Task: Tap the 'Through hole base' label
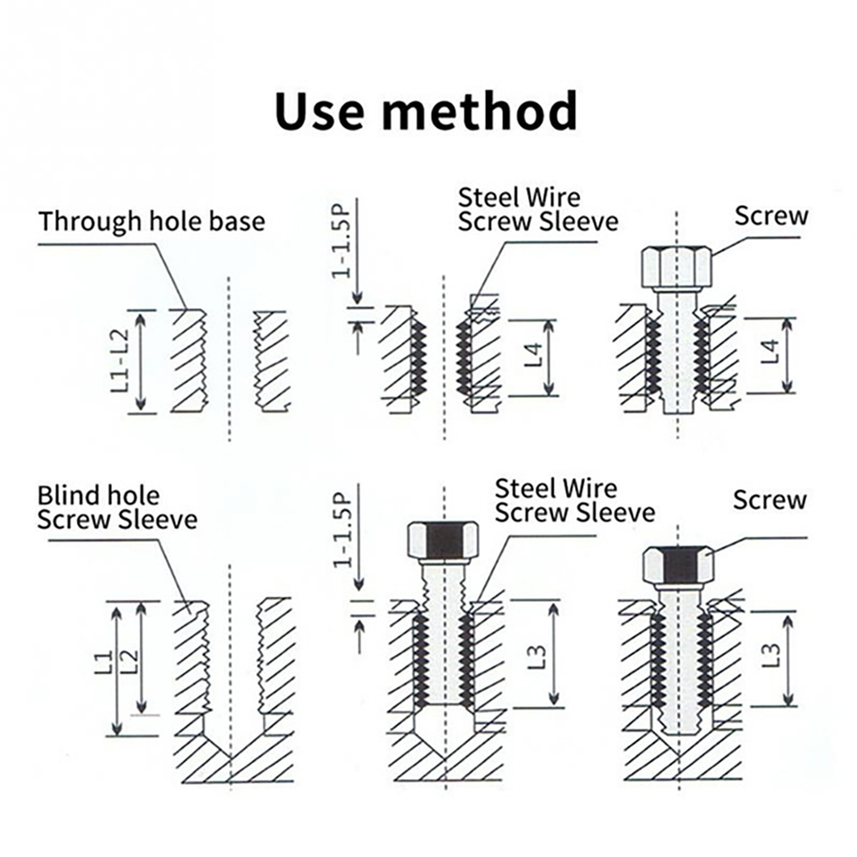click(x=152, y=221)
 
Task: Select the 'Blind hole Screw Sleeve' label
click(x=117, y=507)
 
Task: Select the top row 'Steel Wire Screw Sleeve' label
click(x=538, y=208)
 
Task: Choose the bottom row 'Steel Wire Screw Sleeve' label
click(x=574, y=500)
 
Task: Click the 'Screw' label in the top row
click(x=771, y=216)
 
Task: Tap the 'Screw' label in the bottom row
click(x=769, y=500)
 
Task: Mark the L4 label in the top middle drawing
click(x=533, y=355)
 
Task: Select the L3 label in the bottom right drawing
click(x=771, y=653)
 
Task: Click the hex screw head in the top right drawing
click(x=676, y=267)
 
